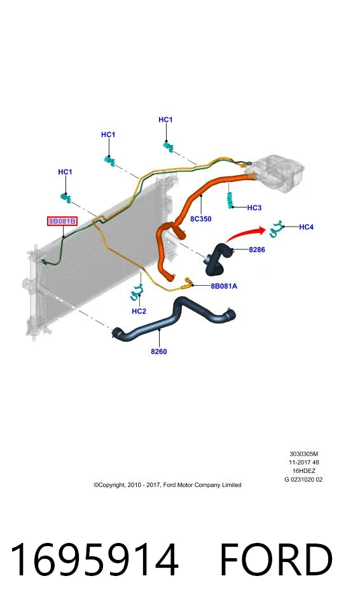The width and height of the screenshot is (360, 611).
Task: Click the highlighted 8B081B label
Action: tap(62, 221)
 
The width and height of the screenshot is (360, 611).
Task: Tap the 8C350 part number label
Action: tap(200, 219)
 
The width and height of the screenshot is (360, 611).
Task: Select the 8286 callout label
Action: tap(257, 249)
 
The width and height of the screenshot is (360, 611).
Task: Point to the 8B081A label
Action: tap(224, 286)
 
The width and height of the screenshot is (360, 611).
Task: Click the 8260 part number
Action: tap(159, 351)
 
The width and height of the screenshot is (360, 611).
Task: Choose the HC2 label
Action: tap(139, 311)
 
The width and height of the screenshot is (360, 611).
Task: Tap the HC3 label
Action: tap(254, 207)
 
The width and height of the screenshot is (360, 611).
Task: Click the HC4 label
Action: tap(306, 227)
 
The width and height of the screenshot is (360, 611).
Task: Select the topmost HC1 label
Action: tap(165, 120)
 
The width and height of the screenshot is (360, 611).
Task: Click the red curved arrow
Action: tap(245, 233)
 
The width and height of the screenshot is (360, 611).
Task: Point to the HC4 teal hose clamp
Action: tap(276, 228)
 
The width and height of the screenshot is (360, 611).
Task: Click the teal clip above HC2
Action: tap(136, 293)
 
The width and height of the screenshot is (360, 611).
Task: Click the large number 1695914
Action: tap(94, 559)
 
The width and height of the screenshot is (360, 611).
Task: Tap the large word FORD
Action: tap(276, 559)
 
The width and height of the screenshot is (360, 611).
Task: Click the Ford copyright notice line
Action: tap(167, 485)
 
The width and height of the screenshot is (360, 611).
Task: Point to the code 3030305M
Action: tap(304, 454)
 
